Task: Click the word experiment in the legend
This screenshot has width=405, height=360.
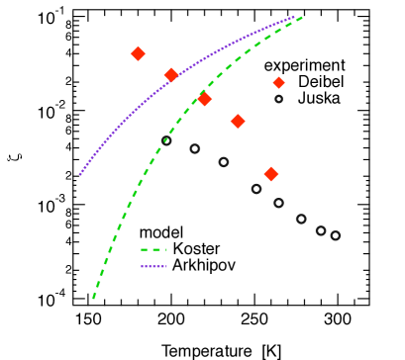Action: coord(303,65)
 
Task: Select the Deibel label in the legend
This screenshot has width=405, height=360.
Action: coord(319,82)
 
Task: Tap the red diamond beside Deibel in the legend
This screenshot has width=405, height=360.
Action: coord(278,82)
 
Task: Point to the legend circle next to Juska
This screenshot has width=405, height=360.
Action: coord(278,99)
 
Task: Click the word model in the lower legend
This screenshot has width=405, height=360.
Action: coord(160,232)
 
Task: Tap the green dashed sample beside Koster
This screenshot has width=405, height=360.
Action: coord(154,249)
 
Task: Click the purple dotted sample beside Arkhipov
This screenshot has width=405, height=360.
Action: coord(154,266)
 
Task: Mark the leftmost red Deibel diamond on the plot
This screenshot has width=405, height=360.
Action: coord(139,53)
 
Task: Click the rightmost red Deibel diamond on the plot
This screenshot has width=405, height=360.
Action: coord(271,174)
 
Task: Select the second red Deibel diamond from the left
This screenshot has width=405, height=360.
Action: coord(171,75)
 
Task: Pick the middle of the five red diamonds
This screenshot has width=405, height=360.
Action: coord(205,99)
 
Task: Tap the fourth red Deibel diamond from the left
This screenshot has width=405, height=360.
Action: coord(238,121)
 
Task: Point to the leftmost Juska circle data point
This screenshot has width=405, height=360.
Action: coord(166,140)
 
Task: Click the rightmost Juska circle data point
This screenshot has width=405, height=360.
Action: coord(336,235)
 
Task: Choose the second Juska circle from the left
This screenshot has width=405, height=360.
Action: coord(195,149)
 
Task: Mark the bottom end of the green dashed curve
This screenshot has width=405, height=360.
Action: coord(93,297)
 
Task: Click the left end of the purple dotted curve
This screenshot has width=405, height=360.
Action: coord(80,174)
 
